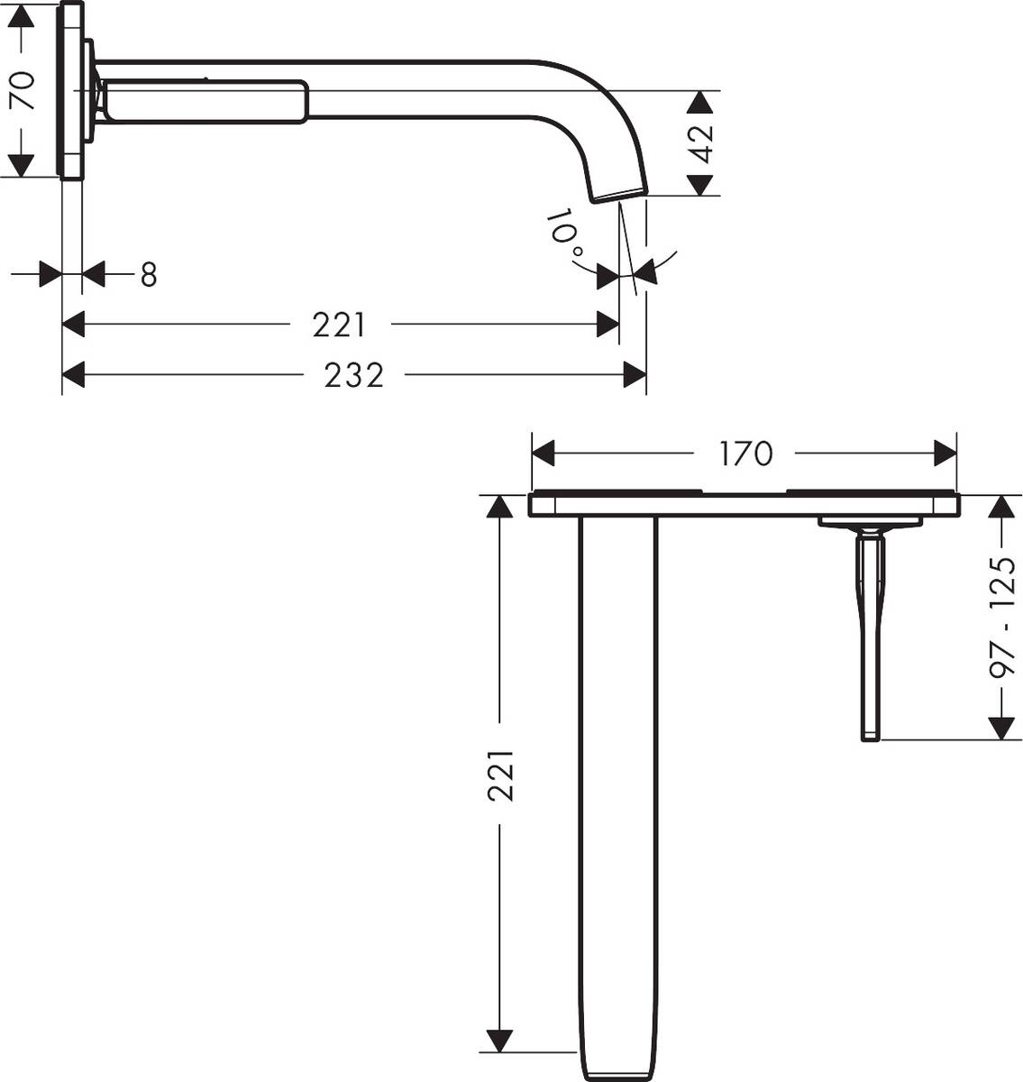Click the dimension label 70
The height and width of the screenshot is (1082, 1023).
coord(22,90)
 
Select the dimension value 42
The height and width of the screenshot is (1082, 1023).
coord(704,143)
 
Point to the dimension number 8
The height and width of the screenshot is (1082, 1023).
coord(148,275)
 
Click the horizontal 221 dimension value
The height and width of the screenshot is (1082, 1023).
coord(339,325)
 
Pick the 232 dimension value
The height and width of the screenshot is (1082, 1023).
coord(354,375)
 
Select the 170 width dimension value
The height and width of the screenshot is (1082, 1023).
coord(745,454)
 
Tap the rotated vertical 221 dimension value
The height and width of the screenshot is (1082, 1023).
coord(500,775)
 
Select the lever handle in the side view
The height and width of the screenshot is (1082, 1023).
coord(207,100)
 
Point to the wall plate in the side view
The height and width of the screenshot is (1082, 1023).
coord(72,90)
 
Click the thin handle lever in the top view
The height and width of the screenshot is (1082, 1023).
coord(871,640)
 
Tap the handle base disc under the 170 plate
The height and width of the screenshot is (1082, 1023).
coord(871,523)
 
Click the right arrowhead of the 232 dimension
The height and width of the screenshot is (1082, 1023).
coord(635,375)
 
